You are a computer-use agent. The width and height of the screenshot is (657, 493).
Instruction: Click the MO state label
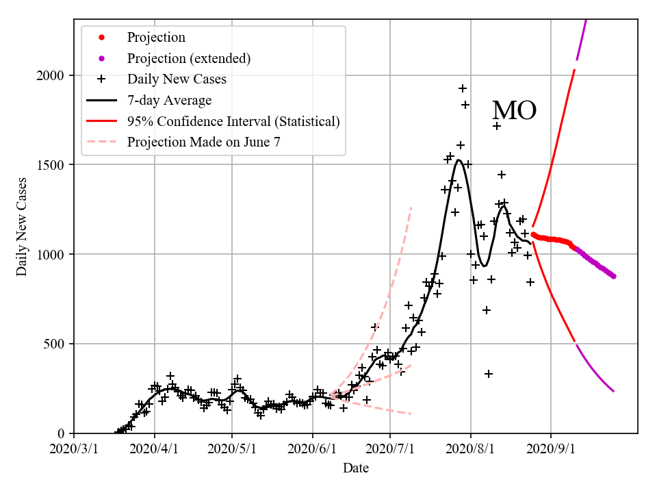(514, 111)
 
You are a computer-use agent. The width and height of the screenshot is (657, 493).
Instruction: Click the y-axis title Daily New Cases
(23, 227)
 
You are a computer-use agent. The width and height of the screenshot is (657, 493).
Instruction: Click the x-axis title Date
(355, 468)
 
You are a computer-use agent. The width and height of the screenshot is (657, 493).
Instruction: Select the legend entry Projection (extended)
(188, 58)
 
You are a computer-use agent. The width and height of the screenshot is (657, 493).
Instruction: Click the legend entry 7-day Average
(169, 101)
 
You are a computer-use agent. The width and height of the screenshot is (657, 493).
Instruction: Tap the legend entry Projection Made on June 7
(203, 142)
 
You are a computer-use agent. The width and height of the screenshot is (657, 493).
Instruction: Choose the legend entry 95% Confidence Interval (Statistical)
(233, 121)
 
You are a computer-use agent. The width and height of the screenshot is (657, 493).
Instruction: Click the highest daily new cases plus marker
(463, 88)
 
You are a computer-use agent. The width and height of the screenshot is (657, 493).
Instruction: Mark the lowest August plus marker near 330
(489, 374)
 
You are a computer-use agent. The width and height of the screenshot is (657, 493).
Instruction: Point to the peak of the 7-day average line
(458, 161)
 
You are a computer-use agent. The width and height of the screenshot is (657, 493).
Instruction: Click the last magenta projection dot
(613, 276)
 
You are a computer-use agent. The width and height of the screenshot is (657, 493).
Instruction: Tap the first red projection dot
(533, 234)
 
